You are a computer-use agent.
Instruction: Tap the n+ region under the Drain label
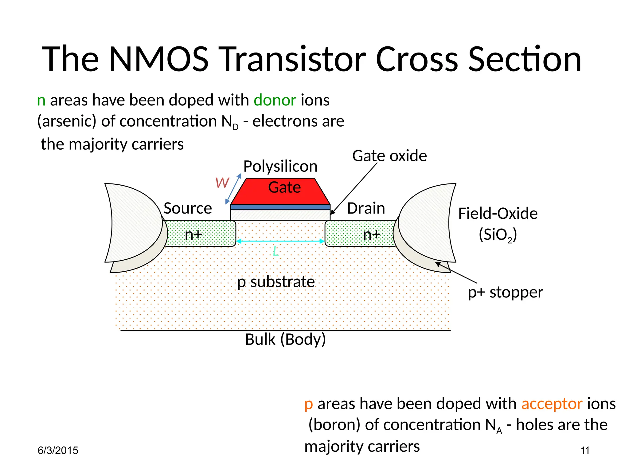(359, 234)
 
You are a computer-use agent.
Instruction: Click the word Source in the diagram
(188, 208)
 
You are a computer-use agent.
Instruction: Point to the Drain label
(366, 208)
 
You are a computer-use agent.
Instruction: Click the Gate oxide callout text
(389, 156)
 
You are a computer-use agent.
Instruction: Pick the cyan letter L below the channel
(275, 251)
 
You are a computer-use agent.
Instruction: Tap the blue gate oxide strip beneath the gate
(280, 207)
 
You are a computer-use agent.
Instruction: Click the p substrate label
(276, 282)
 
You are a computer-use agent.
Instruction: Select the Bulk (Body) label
(285, 340)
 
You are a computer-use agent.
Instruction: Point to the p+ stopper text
(505, 292)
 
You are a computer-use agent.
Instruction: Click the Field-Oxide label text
(498, 214)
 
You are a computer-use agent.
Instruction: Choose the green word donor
(275, 100)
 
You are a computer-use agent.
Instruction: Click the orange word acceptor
(552, 404)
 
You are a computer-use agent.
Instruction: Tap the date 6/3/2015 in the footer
(58, 450)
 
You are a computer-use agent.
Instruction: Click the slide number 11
(585, 450)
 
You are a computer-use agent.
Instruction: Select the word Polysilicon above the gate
(280, 166)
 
